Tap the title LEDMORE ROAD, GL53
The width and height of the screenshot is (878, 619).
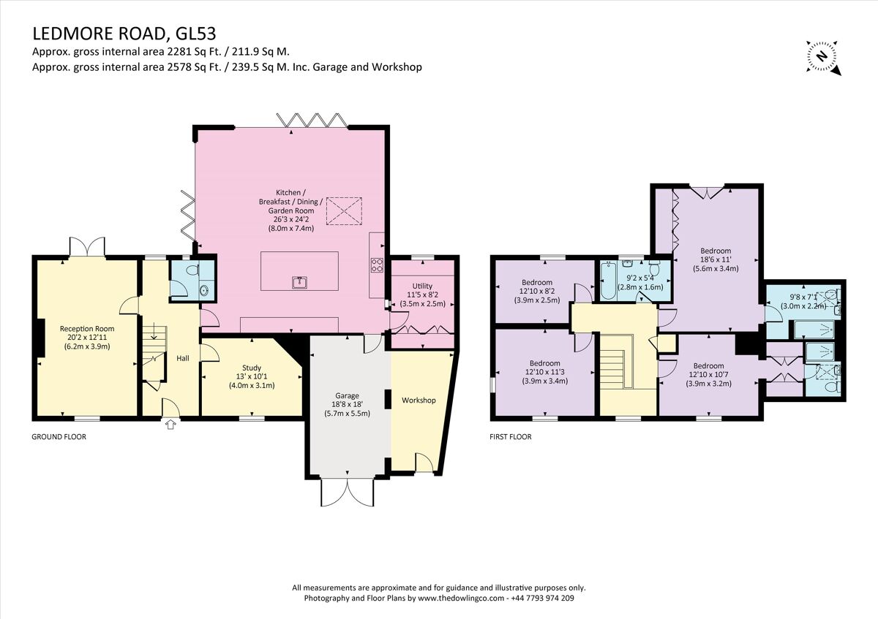[x=124, y=34]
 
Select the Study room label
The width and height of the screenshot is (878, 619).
[x=251, y=368]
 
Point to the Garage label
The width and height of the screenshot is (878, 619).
[x=347, y=396]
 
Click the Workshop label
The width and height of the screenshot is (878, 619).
[x=419, y=400]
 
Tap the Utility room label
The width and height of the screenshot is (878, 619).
[x=422, y=286]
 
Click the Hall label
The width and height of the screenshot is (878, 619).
[x=183, y=358]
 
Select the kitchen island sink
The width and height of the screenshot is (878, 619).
[x=299, y=282]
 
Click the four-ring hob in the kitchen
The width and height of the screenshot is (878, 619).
[x=377, y=265]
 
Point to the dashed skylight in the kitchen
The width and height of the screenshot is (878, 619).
[x=344, y=211]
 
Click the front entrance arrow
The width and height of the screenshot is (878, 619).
[x=170, y=425]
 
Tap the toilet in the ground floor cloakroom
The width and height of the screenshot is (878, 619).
[x=192, y=270]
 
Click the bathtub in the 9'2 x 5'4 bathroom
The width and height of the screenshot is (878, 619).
[x=609, y=281]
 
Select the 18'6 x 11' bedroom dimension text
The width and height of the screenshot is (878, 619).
[x=716, y=259]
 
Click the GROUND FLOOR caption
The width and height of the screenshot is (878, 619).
[x=59, y=436]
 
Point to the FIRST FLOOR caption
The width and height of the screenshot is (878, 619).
[x=511, y=436]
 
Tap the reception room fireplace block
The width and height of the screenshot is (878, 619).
[x=40, y=338]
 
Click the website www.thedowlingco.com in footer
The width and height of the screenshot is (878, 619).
[x=460, y=598]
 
